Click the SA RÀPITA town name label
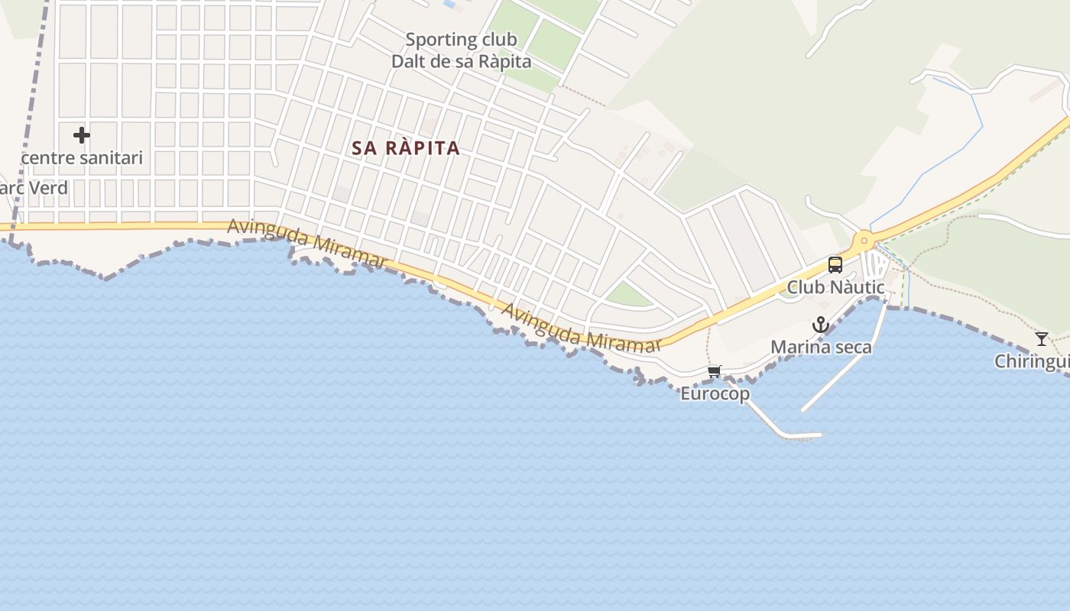406,148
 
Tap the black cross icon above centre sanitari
82,135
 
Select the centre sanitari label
82,158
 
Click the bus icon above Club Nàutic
835,265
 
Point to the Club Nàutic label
835,288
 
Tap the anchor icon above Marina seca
820,325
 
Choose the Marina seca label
821,348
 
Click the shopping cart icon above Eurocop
714,372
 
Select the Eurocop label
715,394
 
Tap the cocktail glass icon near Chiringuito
1041,338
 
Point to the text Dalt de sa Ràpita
461,62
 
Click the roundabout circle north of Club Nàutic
864,241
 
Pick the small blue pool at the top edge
449,5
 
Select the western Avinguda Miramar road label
307,244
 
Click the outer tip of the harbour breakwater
821,435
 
